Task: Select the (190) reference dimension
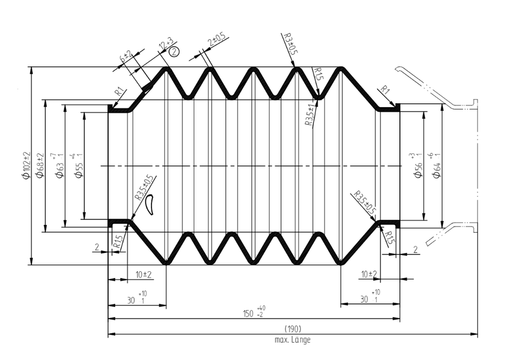tap(293, 328)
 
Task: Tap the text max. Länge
tap(292, 339)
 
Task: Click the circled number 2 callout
tap(174, 51)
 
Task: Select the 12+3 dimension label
tap(165, 44)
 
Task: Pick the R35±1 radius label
tap(309, 114)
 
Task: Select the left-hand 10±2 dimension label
tap(144, 274)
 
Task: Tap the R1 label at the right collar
tap(384, 90)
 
